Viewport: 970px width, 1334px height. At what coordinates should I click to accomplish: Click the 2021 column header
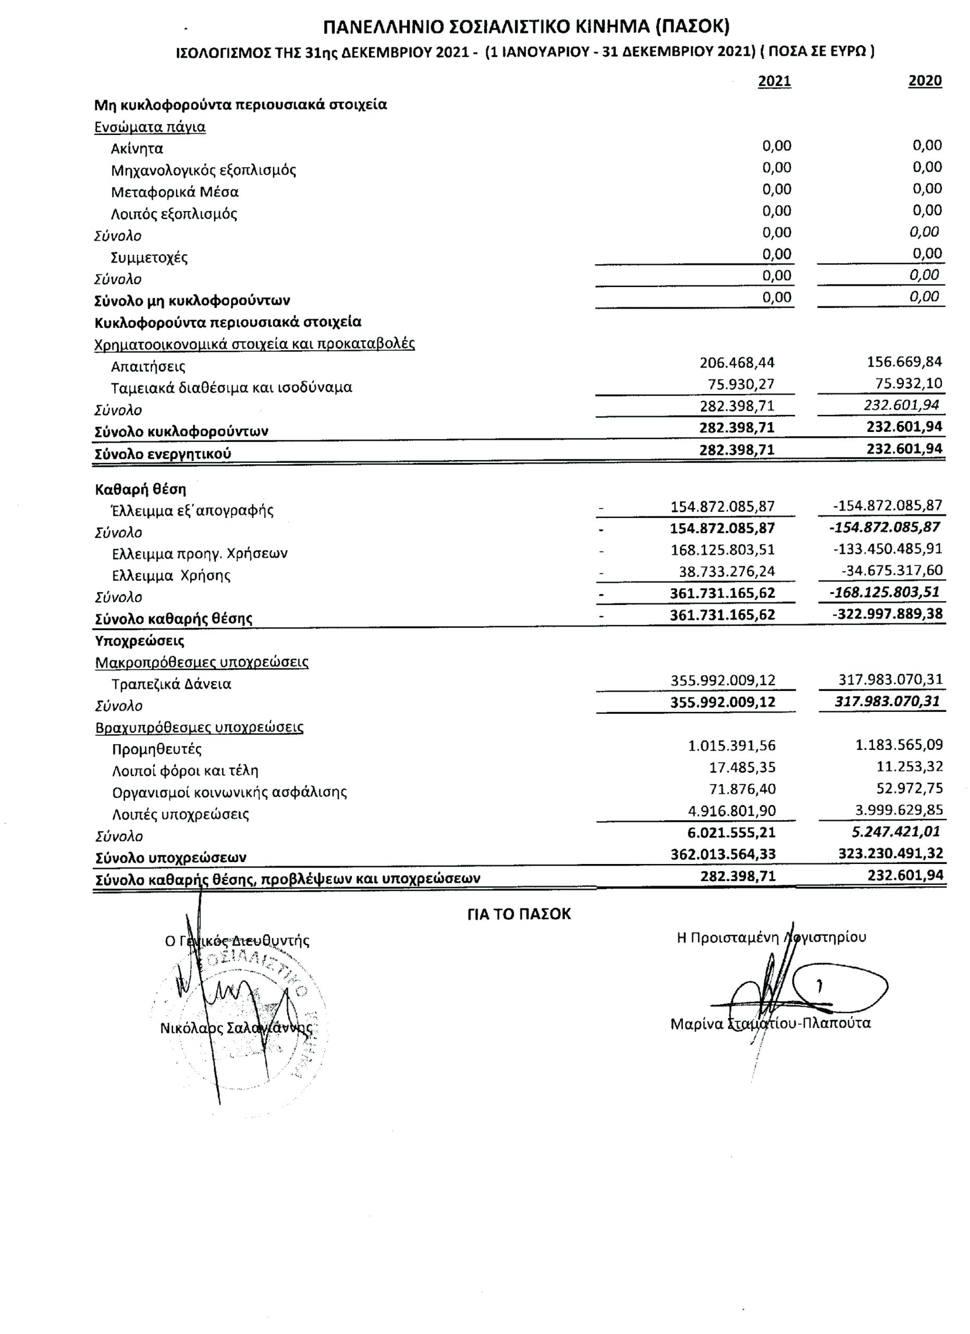[774, 81]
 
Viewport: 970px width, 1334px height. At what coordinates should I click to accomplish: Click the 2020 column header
[925, 81]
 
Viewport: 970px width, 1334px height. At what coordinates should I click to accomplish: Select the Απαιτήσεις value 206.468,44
[737, 363]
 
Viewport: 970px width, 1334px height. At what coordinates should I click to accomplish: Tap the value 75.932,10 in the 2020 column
[908, 384]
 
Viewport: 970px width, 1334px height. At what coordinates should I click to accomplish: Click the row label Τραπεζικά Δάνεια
[171, 684]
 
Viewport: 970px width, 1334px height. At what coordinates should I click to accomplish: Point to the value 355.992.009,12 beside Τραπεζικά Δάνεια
[723, 681]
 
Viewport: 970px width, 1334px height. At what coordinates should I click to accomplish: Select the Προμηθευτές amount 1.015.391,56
[732, 746]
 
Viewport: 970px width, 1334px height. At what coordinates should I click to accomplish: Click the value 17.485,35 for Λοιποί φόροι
[742, 768]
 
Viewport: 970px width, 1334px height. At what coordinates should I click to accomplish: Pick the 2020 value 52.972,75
[910, 788]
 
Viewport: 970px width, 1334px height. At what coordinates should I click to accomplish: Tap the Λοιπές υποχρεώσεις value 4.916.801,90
[732, 810]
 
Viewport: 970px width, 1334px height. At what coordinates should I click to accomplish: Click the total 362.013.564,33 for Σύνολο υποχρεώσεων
[723, 854]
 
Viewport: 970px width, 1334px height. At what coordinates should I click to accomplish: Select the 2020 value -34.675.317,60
[892, 570]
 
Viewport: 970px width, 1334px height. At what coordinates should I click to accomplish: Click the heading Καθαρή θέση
[141, 489]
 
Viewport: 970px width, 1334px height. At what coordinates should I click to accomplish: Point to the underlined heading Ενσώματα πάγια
[150, 127]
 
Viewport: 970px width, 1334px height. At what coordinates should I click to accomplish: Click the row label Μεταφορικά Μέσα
[175, 192]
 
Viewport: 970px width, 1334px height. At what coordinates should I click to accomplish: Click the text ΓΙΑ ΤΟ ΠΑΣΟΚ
[519, 914]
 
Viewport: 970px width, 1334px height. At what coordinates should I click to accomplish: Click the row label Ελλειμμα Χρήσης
[171, 575]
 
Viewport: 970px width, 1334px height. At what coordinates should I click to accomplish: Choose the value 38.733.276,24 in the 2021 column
[727, 572]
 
